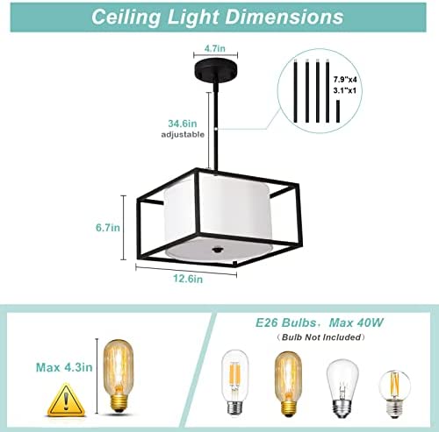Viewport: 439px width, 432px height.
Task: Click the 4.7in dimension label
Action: [215, 48]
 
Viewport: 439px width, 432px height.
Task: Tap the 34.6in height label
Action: [183, 124]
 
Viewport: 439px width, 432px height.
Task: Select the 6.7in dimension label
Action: [108, 228]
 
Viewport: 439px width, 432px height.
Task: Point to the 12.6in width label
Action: [188, 279]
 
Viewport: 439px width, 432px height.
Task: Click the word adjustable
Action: [183, 135]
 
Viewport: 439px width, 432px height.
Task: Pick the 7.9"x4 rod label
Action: [345, 80]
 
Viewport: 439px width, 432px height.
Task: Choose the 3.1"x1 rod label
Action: [345, 90]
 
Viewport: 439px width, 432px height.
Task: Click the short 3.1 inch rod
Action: [338, 111]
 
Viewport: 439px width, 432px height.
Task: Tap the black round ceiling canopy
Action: [216, 69]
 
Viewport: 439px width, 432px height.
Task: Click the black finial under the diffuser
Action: [217, 250]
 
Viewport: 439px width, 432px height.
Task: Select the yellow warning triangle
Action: [67, 400]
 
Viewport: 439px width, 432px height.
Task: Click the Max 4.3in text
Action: [64, 367]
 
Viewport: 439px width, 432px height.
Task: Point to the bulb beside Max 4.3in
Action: [119, 376]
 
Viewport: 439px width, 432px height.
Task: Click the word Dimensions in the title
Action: [284, 17]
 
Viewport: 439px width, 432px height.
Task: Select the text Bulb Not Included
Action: [321, 337]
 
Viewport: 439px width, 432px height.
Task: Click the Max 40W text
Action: [356, 322]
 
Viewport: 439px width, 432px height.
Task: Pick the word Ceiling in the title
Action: [126, 17]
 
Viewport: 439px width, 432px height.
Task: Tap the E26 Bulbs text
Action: [285, 322]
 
